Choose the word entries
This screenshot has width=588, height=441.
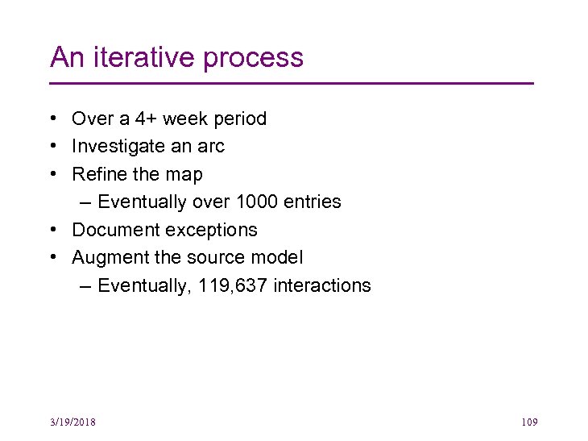[312, 202]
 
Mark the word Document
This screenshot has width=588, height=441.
[113, 230]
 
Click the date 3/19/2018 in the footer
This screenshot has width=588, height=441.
[72, 422]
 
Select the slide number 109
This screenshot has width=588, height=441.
[529, 422]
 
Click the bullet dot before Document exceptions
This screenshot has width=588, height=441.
[52, 230]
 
